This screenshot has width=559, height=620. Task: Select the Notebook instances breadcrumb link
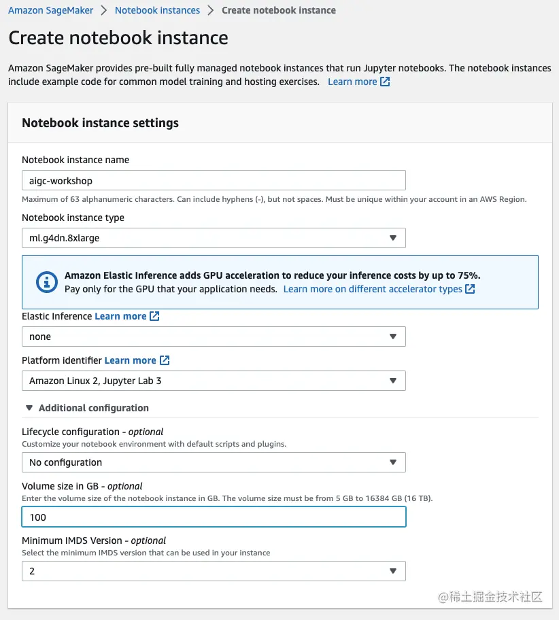click(157, 10)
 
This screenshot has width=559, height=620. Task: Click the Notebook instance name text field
click(214, 181)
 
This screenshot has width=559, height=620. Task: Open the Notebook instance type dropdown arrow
click(392, 238)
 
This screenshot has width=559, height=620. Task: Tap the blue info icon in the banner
click(47, 282)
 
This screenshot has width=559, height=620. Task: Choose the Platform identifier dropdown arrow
click(392, 381)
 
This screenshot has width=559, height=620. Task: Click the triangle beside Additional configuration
click(29, 408)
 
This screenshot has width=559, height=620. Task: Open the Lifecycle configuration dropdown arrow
click(392, 462)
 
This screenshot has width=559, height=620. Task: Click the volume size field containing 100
click(214, 517)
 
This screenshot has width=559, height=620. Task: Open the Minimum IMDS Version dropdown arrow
click(392, 571)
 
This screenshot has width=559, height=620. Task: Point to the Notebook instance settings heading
click(100, 123)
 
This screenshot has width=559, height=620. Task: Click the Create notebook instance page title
click(118, 38)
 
